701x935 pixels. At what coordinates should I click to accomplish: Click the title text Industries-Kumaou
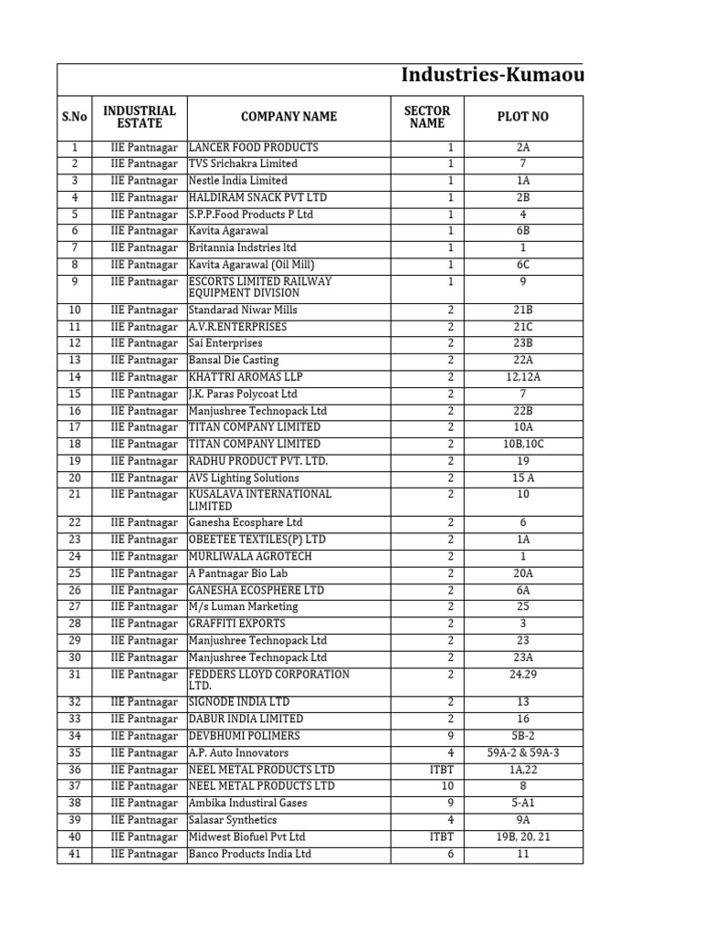(491, 76)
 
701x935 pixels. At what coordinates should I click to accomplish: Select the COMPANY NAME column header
(288, 117)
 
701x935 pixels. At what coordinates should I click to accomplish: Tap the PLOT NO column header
(522, 117)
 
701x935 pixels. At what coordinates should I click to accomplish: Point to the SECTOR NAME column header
(427, 117)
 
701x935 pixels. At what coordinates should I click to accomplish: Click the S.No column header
(74, 117)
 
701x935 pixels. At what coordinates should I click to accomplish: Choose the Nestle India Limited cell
(237, 181)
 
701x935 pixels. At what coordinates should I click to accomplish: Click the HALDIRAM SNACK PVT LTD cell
(256, 197)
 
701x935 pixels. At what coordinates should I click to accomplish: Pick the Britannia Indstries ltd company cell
(242, 247)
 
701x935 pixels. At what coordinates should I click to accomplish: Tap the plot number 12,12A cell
(522, 377)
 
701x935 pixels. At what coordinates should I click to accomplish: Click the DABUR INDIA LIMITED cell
(246, 719)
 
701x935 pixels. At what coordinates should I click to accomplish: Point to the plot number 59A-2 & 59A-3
(522, 752)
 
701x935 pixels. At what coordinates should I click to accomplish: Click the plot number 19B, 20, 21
(522, 836)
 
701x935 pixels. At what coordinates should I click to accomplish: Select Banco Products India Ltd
(249, 854)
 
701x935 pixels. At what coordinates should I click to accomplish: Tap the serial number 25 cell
(74, 573)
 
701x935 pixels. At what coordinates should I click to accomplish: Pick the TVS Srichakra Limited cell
(242, 164)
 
